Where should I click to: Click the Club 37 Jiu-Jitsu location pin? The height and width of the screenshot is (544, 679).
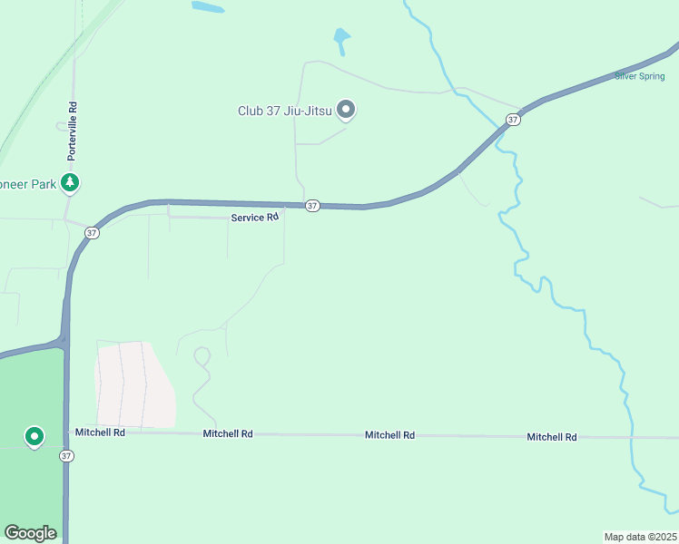[x=345, y=110]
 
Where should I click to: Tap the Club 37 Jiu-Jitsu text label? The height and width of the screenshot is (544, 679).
[x=284, y=112]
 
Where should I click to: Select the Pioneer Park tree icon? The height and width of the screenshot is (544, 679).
[x=70, y=183]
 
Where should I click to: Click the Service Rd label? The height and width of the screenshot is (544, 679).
[x=254, y=218]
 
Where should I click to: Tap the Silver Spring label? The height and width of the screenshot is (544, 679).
[x=639, y=76]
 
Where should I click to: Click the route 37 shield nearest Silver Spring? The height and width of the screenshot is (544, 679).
[x=513, y=120]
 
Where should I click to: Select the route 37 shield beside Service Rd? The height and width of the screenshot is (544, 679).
[x=312, y=206]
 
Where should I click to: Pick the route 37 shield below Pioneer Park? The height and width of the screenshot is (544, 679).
[x=92, y=233]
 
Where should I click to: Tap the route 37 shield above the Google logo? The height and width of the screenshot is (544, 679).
[x=66, y=455]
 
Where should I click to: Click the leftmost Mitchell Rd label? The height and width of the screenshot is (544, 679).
[x=100, y=432]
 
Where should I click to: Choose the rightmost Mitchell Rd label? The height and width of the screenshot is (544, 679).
[x=552, y=437]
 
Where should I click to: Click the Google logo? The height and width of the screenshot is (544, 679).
[x=30, y=533]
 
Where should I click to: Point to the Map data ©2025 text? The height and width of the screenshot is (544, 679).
[x=640, y=536]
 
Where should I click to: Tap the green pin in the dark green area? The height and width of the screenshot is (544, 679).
[x=34, y=437]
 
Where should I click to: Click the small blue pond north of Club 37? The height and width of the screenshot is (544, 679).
[x=341, y=39]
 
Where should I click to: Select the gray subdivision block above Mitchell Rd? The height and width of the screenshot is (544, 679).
[x=133, y=384]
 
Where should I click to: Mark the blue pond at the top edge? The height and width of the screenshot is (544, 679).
[x=208, y=6]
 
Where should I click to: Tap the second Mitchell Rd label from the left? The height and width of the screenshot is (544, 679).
[x=228, y=434]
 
